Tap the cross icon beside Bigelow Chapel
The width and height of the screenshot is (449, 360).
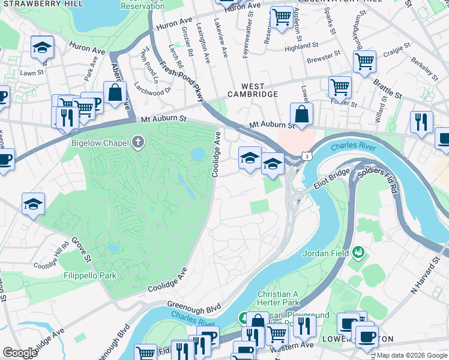click(x=138, y=143)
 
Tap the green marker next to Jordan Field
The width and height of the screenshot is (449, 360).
click(x=359, y=253)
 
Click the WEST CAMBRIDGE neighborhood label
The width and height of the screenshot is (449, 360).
click(x=252, y=91)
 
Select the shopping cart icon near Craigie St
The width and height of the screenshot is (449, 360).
click(x=364, y=61)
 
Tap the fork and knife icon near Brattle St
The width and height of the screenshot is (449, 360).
click(x=421, y=122)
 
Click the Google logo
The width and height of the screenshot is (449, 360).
click(x=20, y=353)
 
